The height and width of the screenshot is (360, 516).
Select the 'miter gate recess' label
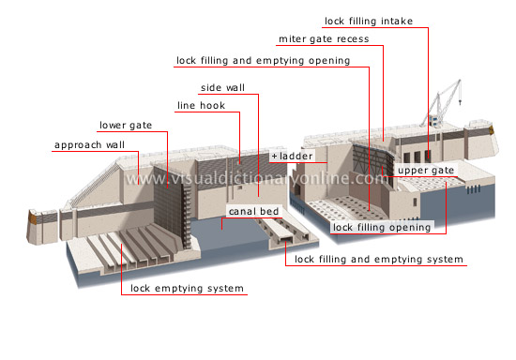pyautogui.click(x=324, y=39)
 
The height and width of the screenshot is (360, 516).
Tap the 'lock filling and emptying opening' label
pyautogui.click(x=263, y=61)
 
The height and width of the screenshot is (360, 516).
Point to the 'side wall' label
pyautogui.click(x=223, y=88)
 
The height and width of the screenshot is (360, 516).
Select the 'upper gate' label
pyautogui.click(x=424, y=172)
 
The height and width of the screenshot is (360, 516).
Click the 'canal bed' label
pyautogui.click(x=251, y=211)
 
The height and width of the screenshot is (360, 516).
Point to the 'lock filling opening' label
pyautogui.click(x=381, y=227)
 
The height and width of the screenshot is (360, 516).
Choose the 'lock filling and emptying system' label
pyautogui.click(x=378, y=259)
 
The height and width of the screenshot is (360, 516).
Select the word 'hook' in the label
pyautogui.click(x=212, y=106)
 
